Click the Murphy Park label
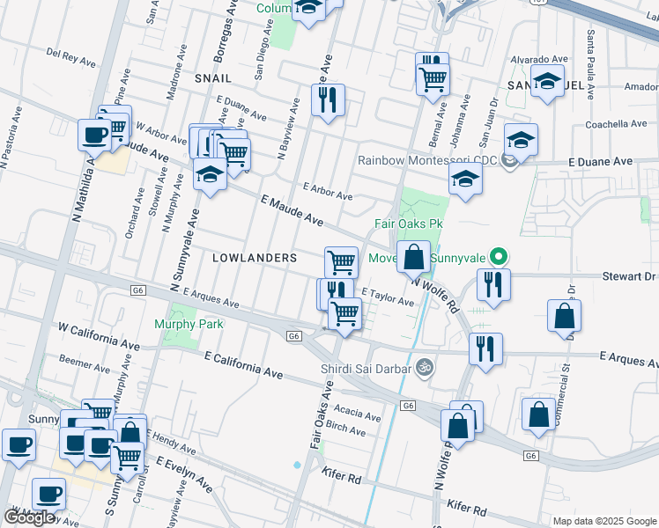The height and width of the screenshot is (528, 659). [189, 324]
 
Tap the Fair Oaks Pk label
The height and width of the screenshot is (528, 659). [413, 224]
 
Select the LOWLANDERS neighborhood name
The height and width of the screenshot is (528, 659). [254, 257]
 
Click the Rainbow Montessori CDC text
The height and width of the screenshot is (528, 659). [426, 160]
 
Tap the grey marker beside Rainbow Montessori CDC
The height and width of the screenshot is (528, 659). [507, 160]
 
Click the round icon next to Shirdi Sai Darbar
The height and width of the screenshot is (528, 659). [424, 365]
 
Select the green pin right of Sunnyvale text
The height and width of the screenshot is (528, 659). [499, 258]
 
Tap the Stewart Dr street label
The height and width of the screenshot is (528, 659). [629, 275]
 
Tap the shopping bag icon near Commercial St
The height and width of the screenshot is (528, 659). [563, 316]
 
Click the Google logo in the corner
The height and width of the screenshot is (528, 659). [29, 517]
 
